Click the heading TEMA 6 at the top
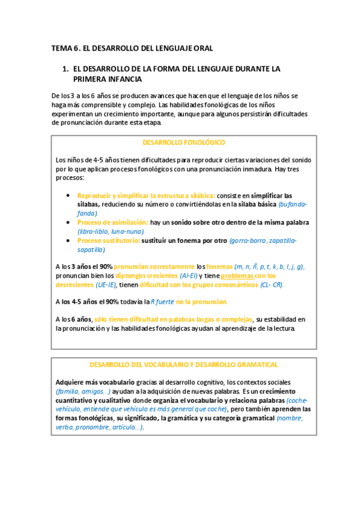pos(66,48)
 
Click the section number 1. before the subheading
pos(67,69)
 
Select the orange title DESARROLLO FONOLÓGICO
pos(183,143)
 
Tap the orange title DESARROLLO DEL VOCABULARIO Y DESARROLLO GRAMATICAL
pos(183,364)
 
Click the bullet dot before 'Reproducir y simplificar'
pos(70,195)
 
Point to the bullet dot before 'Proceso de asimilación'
pos(70,222)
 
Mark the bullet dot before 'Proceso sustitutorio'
pos(70,240)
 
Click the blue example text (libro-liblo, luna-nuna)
pos(111,231)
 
